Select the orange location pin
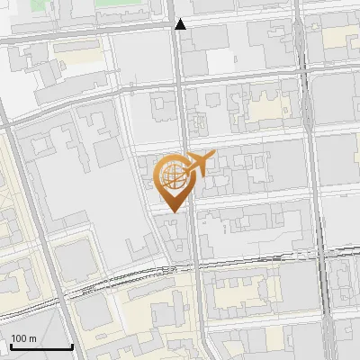click(x=173, y=180)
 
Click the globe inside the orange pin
click(x=172, y=175)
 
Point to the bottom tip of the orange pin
click(x=173, y=211)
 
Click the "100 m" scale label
click(x=23, y=338)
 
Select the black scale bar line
click(x=40, y=346)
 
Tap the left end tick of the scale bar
click(x=10, y=345)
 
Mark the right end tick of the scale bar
click(x=72, y=345)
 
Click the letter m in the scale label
click(x=32, y=338)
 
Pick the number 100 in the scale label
click(x=19, y=338)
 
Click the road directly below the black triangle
click(x=181, y=63)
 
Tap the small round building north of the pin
click(x=198, y=120)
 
